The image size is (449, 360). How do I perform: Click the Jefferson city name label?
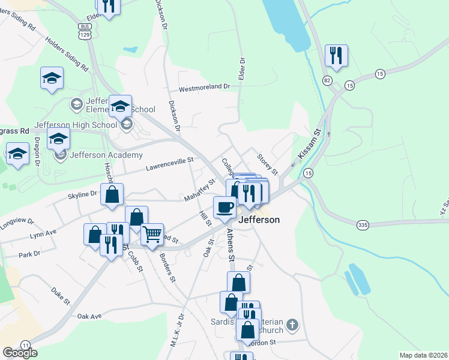[x=259, y=220]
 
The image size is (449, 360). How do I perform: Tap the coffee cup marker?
[x=224, y=208]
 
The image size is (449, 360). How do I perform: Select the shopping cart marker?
[x=152, y=235]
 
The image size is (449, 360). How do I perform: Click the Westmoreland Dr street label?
[x=205, y=86]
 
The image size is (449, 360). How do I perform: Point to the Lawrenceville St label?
[x=170, y=160]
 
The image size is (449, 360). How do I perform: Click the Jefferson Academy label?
[x=106, y=155]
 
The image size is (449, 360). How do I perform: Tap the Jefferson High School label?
[x=76, y=125]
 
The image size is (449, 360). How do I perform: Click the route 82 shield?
[x=327, y=80]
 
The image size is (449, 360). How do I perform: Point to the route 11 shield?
[x=25, y=345]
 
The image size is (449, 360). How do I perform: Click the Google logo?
[x=20, y=352]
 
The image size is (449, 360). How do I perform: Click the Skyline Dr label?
[x=82, y=194]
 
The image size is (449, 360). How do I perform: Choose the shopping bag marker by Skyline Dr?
[x=112, y=194]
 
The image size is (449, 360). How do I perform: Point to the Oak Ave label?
[x=91, y=316]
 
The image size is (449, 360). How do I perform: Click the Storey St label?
[x=267, y=164]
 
